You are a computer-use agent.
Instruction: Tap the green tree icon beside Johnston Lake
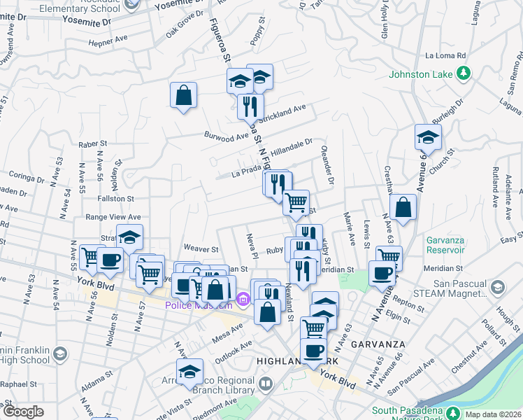pos(462,72)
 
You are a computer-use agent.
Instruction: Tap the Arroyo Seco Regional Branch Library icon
pos(266,384)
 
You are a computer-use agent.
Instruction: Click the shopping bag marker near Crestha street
pos(403,207)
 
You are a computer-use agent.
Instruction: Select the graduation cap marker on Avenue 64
pos(428,137)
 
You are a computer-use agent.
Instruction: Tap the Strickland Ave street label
pos(285,110)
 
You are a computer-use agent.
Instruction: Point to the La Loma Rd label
pos(445,55)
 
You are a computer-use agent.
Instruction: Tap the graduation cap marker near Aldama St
pos(189,372)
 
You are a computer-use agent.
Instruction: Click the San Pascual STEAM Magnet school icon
pos(497,288)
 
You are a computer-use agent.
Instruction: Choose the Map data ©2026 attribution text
pos(493,414)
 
